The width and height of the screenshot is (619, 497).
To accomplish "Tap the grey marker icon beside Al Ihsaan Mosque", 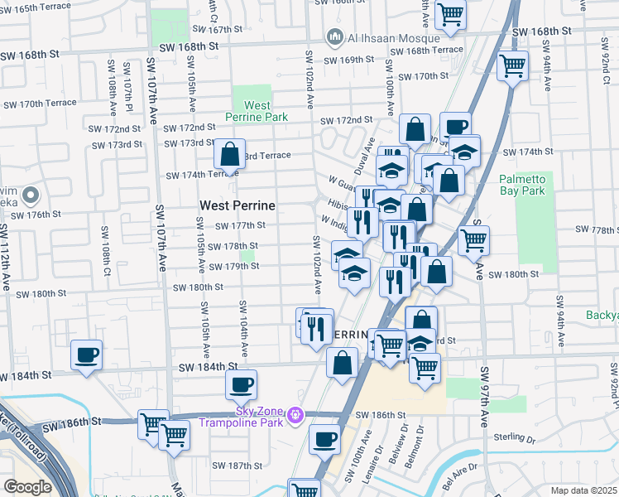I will pyautogui.click(x=335, y=36).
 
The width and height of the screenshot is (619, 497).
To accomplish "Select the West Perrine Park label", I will pyautogui.click(x=257, y=111).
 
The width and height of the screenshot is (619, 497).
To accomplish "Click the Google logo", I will pyautogui.click(x=27, y=486).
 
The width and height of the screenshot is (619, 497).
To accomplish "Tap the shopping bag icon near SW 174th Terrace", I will pyautogui.click(x=229, y=154).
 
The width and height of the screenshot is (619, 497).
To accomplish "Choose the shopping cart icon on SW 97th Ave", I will pyautogui.click(x=473, y=241).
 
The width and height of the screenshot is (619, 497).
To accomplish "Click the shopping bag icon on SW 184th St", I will pyautogui.click(x=342, y=363).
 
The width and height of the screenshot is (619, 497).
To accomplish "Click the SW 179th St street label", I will pyautogui.click(x=233, y=266).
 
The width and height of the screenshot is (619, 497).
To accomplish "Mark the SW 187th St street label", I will pyautogui.click(x=235, y=466).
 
